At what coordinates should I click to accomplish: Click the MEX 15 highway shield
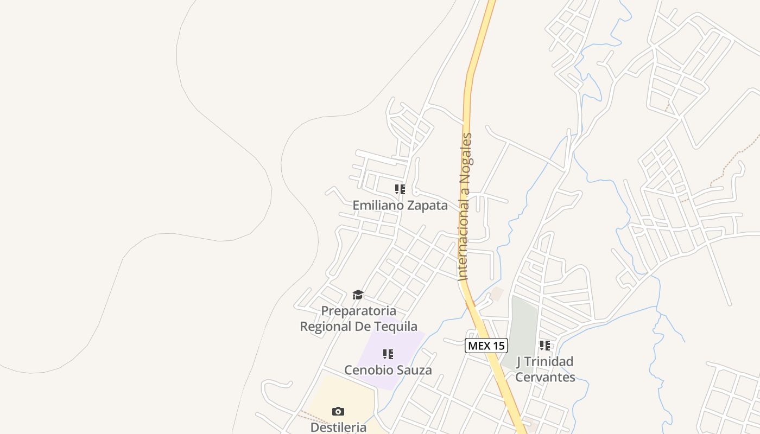pos(486,346)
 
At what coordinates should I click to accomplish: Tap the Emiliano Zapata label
pos(400,206)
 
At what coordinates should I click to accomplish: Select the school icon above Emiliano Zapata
pos(400,189)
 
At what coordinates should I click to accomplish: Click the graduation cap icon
pos(358,295)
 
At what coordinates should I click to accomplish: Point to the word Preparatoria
pos(359,311)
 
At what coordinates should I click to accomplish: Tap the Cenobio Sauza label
pos(388,370)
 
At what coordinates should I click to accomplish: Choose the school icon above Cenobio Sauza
pos(388,354)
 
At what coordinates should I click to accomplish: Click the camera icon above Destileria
pos(338,411)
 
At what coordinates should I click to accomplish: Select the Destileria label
pos(338,427)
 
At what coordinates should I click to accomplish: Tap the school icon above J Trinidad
pos(545,345)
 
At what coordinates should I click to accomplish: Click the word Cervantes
pos(545,376)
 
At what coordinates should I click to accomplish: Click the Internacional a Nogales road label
pos(465,206)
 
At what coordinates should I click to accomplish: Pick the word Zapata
pos(427,206)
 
